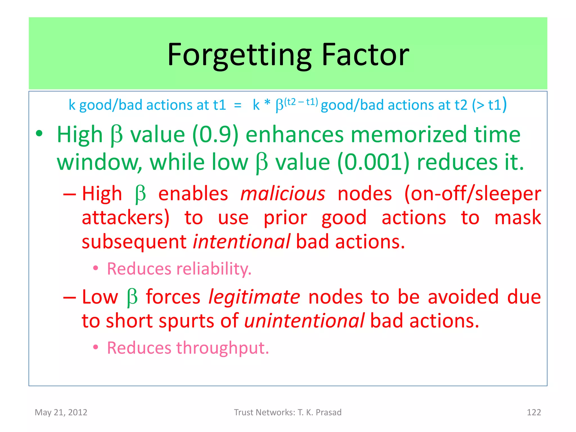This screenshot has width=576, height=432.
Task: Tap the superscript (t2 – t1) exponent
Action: (x=301, y=102)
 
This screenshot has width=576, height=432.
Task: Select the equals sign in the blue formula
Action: (x=238, y=105)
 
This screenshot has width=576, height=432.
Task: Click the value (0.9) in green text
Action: (x=215, y=134)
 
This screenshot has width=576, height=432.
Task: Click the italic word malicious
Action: (x=283, y=194)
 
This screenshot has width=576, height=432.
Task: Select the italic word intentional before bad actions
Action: (x=242, y=242)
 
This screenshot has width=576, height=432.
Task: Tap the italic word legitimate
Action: (x=254, y=297)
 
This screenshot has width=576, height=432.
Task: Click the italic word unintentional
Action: (x=304, y=321)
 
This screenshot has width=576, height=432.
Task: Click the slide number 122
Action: (x=534, y=412)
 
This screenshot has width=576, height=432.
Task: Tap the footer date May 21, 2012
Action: (x=61, y=412)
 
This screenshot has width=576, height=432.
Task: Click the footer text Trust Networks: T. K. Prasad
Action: (x=288, y=412)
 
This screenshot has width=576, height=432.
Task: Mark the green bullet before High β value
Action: (x=39, y=134)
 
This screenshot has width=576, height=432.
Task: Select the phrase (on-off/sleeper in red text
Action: (x=472, y=194)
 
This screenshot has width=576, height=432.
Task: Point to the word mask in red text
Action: (x=517, y=218)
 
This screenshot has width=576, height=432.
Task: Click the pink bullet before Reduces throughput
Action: (x=96, y=348)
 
